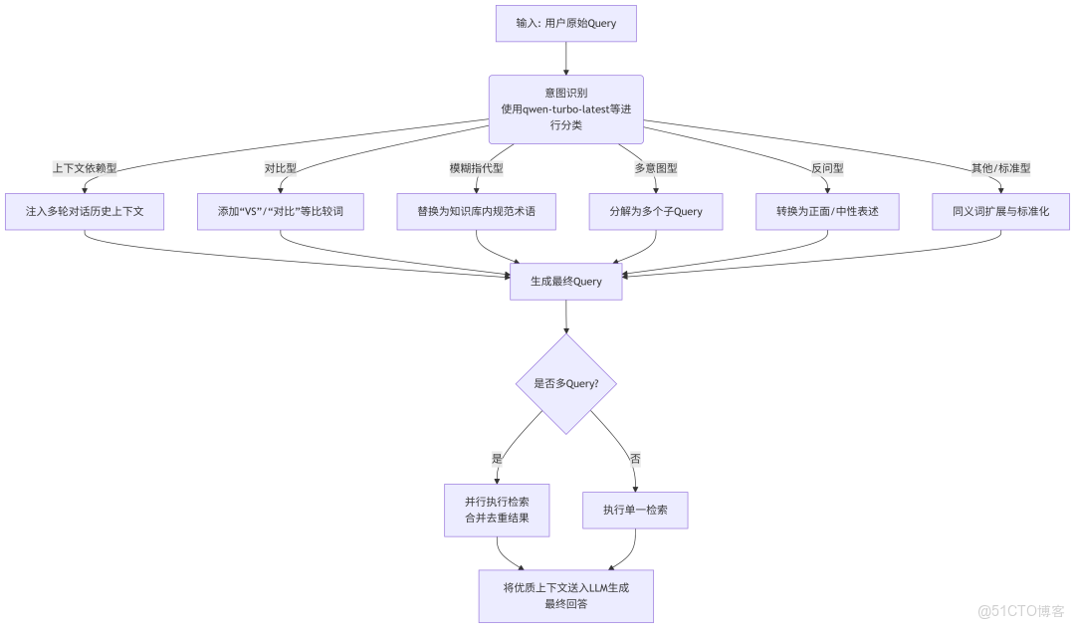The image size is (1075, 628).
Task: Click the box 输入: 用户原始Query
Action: pos(565,24)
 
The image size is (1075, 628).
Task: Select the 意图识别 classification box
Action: pos(565,108)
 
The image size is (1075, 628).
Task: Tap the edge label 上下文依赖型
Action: pos(85,168)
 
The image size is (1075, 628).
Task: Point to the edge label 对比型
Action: pos(281,168)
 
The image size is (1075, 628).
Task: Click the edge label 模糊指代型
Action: pos(477,168)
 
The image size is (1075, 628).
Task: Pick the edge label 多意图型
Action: pos(655,168)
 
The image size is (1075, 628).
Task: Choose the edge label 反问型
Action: pos(827,168)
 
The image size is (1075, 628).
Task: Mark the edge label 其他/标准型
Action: pos(1001,168)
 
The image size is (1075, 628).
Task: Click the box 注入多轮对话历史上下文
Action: pos(85,212)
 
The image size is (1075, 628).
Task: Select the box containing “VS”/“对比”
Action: pos(281,212)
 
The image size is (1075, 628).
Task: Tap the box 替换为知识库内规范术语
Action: pos(477,212)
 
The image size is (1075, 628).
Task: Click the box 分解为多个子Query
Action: pos(655,212)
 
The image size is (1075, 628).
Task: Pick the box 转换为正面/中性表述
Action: pos(827,212)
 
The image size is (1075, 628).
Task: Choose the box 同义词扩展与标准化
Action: pos(1001,212)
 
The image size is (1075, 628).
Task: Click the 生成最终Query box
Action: pos(565,281)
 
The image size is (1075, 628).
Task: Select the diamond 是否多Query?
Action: pos(565,383)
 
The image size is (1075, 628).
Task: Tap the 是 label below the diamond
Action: pos(497,459)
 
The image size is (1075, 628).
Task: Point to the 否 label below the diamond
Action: pos(635,459)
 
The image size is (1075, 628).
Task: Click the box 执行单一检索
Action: pos(635,510)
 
